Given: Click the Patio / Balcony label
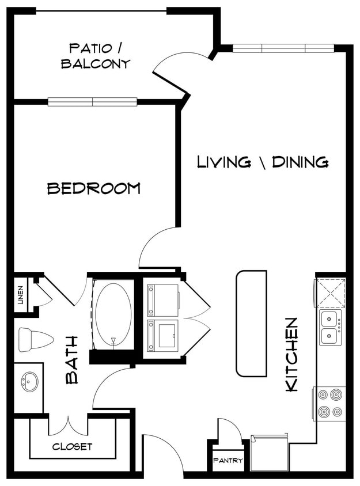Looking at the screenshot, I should pyautogui.click(x=96, y=55).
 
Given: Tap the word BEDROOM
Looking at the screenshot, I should pyautogui.click(x=93, y=188).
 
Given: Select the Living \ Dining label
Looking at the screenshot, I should pyautogui.click(x=263, y=162).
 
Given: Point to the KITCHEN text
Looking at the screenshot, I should pyautogui.click(x=293, y=355).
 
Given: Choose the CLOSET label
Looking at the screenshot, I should pyautogui.click(x=73, y=446).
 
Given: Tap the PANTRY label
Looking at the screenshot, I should pyautogui.click(x=228, y=461).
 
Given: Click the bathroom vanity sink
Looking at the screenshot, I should pyautogui.click(x=28, y=381).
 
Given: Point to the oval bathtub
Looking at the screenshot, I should pyautogui.click(x=113, y=314).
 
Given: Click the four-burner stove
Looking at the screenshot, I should pyautogui.click(x=330, y=403).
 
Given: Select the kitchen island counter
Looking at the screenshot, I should pyautogui.click(x=251, y=323).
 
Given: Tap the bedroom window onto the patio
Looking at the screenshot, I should pyautogui.click(x=92, y=102).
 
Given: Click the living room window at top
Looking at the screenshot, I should pyautogui.click(x=283, y=48).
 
